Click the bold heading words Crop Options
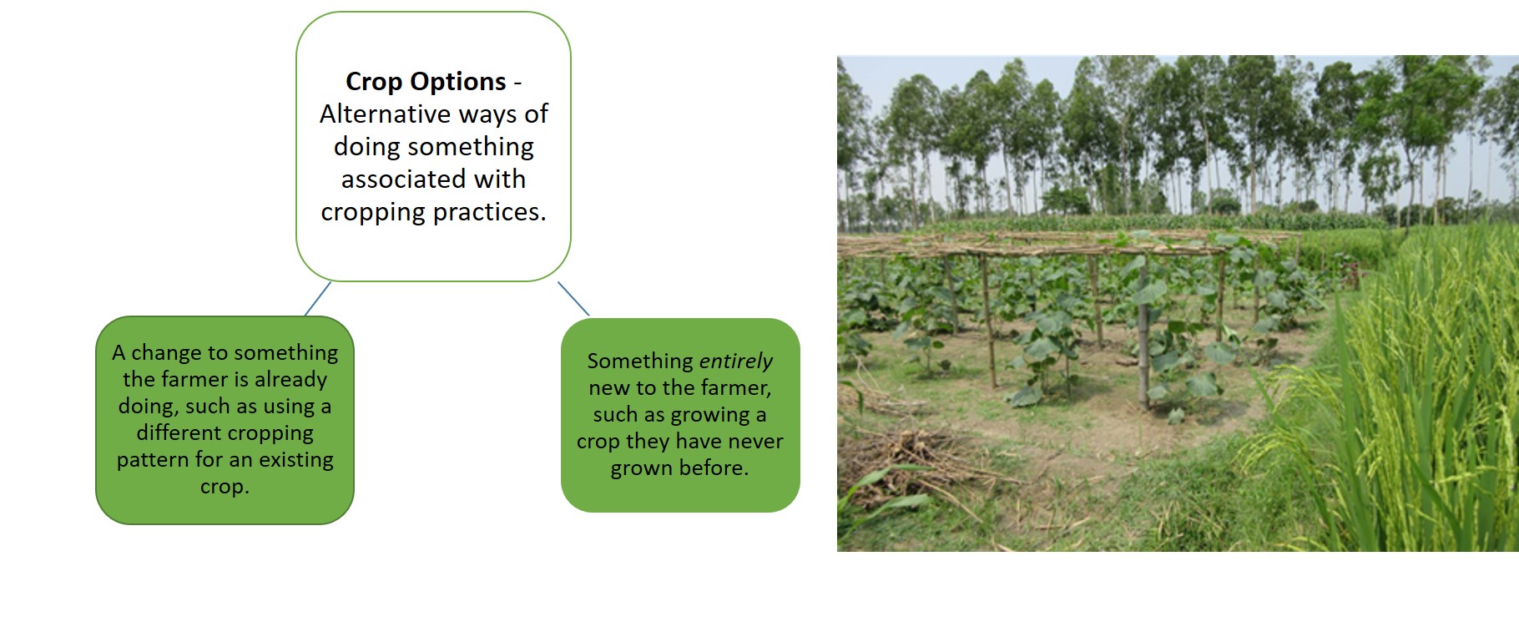click(x=426, y=82)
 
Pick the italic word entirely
click(x=735, y=362)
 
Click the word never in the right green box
click(x=755, y=442)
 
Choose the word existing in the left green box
click(x=295, y=460)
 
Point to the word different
click(x=179, y=432)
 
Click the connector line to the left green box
click(x=318, y=298)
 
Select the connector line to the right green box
click(x=573, y=298)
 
